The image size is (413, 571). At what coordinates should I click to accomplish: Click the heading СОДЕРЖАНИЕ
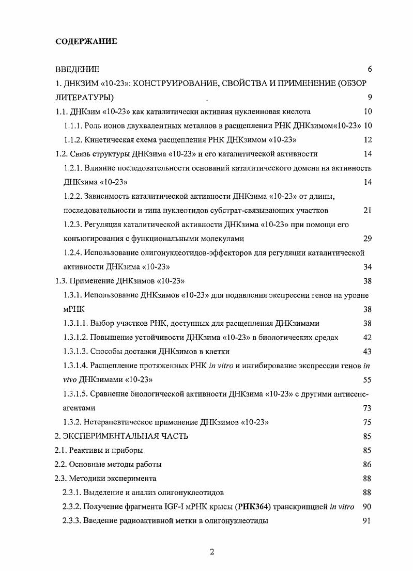[86, 41]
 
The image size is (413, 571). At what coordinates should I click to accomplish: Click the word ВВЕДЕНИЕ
[77, 69]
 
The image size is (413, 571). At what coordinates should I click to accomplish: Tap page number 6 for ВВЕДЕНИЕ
[370, 69]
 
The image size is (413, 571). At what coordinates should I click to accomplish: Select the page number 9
[370, 98]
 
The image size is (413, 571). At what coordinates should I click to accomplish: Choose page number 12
[368, 140]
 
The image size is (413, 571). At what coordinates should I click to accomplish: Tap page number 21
[368, 211]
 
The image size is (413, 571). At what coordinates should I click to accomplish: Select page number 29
[368, 239]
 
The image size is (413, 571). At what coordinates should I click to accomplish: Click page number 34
[368, 267]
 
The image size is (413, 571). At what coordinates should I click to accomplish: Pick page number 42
[368, 338]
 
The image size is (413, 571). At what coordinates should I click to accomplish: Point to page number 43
[368, 352]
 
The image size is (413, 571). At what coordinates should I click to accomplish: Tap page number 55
[368, 380]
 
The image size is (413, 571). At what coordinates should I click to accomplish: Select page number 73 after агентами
[368, 408]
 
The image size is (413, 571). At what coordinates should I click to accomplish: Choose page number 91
[368, 521]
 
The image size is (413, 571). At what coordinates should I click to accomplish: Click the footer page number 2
[212, 552]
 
